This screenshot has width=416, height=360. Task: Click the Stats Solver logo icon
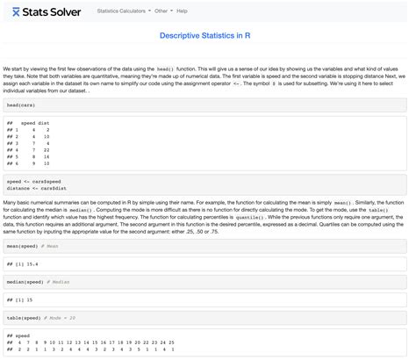tap(17, 11)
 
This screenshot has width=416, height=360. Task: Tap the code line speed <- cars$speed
tap(33, 181)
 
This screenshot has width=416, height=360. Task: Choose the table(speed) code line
tap(24, 317)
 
